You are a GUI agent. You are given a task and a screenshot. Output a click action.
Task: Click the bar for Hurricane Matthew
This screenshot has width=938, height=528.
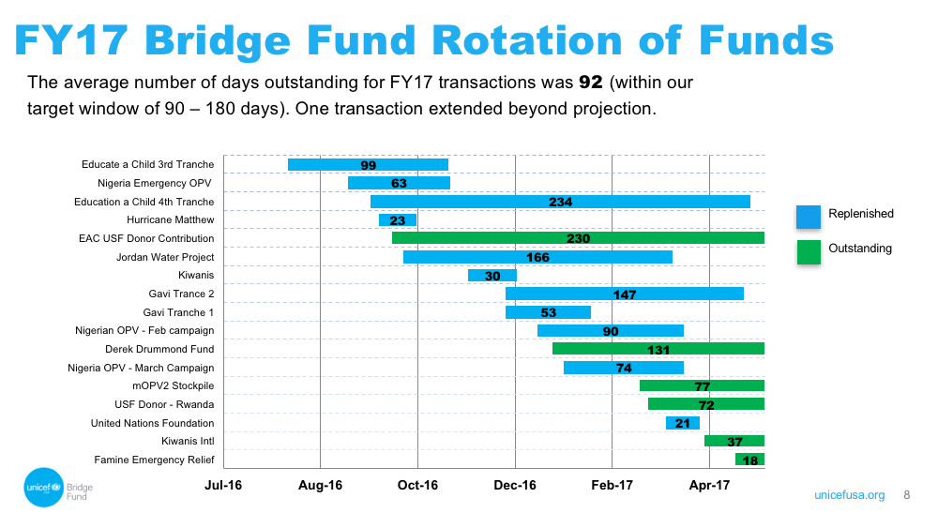pyautogui.click(x=398, y=220)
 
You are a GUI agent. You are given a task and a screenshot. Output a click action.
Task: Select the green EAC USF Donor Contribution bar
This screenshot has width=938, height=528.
pyautogui.click(x=579, y=238)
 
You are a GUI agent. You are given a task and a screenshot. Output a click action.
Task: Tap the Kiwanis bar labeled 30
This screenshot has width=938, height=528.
pyautogui.click(x=492, y=275)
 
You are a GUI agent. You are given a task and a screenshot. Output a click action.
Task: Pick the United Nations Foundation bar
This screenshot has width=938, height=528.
pyautogui.click(x=683, y=423)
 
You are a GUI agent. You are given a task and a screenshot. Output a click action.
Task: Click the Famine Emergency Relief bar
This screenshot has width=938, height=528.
pyautogui.click(x=750, y=460)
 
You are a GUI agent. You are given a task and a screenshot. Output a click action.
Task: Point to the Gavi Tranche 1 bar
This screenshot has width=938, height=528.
pyautogui.click(x=548, y=312)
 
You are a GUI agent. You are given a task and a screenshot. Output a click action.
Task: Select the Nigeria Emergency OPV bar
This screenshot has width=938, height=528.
pyautogui.click(x=399, y=183)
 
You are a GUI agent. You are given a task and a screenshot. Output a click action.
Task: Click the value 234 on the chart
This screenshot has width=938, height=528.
pyautogui.click(x=561, y=203)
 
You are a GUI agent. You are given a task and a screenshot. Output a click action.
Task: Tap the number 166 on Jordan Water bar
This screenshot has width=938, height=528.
pyautogui.click(x=537, y=257)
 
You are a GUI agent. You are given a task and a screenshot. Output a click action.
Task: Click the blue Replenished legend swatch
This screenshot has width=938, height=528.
pyautogui.click(x=809, y=217)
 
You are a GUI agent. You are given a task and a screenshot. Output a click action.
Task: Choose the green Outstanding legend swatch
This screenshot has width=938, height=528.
pyautogui.click(x=809, y=251)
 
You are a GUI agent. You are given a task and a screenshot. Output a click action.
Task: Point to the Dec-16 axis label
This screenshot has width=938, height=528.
pyautogui.click(x=515, y=485)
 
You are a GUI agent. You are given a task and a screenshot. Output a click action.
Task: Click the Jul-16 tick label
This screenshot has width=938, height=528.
pyautogui.click(x=223, y=485)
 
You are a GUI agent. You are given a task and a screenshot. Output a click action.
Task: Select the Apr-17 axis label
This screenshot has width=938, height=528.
pyautogui.click(x=709, y=485)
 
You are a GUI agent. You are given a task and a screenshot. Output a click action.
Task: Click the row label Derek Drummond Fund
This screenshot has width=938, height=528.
pyautogui.click(x=159, y=349)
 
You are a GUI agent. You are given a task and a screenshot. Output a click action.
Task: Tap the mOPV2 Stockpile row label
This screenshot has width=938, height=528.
pyautogui.click(x=173, y=385)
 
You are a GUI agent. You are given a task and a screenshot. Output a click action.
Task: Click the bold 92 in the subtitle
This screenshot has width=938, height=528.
pyautogui.click(x=590, y=82)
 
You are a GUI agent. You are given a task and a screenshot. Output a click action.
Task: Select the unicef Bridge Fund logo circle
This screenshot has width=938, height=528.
pyautogui.click(x=44, y=488)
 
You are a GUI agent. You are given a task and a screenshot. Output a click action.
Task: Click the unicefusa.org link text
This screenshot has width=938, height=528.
pyautogui.click(x=850, y=495)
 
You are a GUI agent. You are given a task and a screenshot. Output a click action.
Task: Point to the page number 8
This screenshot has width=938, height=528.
pyautogui.click(x=907, y=495)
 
